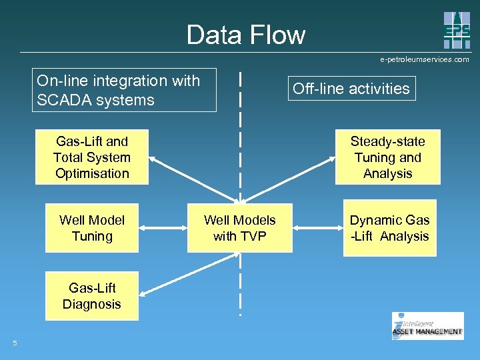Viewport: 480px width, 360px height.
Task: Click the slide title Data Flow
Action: [245, 35]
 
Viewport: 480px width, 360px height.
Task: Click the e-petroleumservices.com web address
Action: [425, 59]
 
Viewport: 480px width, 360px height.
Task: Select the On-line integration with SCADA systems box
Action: [126, 90]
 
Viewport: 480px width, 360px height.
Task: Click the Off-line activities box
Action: [351, 89]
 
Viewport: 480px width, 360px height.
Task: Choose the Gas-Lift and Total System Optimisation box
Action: [92, 157]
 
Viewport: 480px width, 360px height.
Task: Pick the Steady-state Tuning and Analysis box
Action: [387, 157]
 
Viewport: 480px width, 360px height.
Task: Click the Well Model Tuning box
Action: [92, 228]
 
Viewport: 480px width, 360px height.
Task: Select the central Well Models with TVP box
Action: [239, 228]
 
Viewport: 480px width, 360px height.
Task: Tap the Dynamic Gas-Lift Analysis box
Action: [389, 228]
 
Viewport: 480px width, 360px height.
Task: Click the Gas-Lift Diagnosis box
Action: [92, 296]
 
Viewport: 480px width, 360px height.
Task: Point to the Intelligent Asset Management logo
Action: [427, 326]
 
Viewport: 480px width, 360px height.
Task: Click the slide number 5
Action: [15, 343]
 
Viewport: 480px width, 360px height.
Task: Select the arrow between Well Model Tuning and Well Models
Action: [163, 228]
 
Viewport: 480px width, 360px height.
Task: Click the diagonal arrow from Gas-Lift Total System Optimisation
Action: [193, 179]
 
